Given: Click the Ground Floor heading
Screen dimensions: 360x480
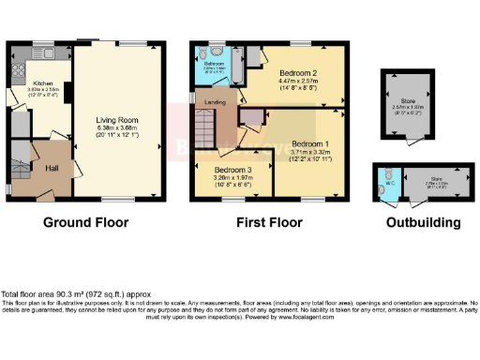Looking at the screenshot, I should coord(85,223).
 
